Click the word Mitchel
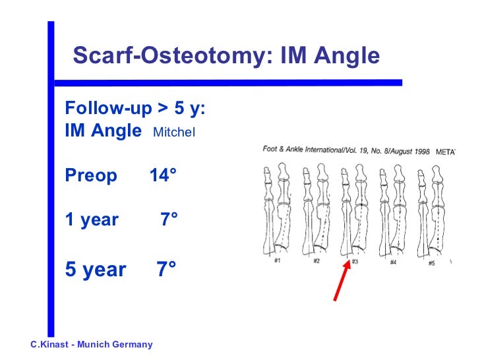tap(174, 132)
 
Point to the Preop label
tap(91, 176)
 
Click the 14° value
tap(163, 176)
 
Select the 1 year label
tap(92, 220)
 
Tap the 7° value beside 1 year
tap(169, 220)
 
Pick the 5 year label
tap(96, 269)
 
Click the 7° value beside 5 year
tap(166, 269)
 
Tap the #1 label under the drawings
tap(278, 262)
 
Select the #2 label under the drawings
tap(316, 262)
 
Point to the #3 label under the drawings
tap(355, 262)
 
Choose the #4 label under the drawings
tap(393, 262)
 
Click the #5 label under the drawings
tap(431, 262)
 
